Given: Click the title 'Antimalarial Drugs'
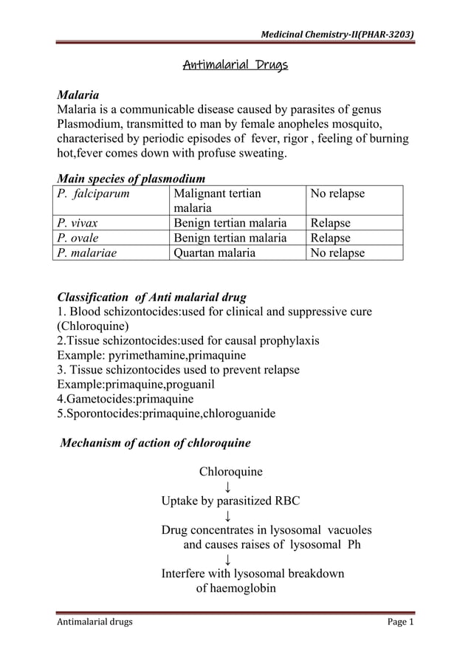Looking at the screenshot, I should coord(235,66).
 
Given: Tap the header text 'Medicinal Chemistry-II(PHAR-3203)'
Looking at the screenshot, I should coord(333,34).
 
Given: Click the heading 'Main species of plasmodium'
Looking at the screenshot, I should coord(131,178).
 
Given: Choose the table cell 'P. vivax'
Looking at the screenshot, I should coord(78,223).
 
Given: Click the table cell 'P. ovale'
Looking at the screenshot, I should coord(78,238).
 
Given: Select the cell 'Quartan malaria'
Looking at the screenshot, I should coord(214,253).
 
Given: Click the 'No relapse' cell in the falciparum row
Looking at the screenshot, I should coord(337,193).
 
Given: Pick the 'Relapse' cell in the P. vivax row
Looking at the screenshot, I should coord(330,223).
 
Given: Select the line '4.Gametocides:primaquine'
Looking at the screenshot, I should coord(126,399).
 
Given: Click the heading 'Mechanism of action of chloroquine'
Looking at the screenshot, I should coord(155,443).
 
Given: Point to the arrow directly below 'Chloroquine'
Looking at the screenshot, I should coord(228,487).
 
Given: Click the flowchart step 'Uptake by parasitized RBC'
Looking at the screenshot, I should coord(230,501).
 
